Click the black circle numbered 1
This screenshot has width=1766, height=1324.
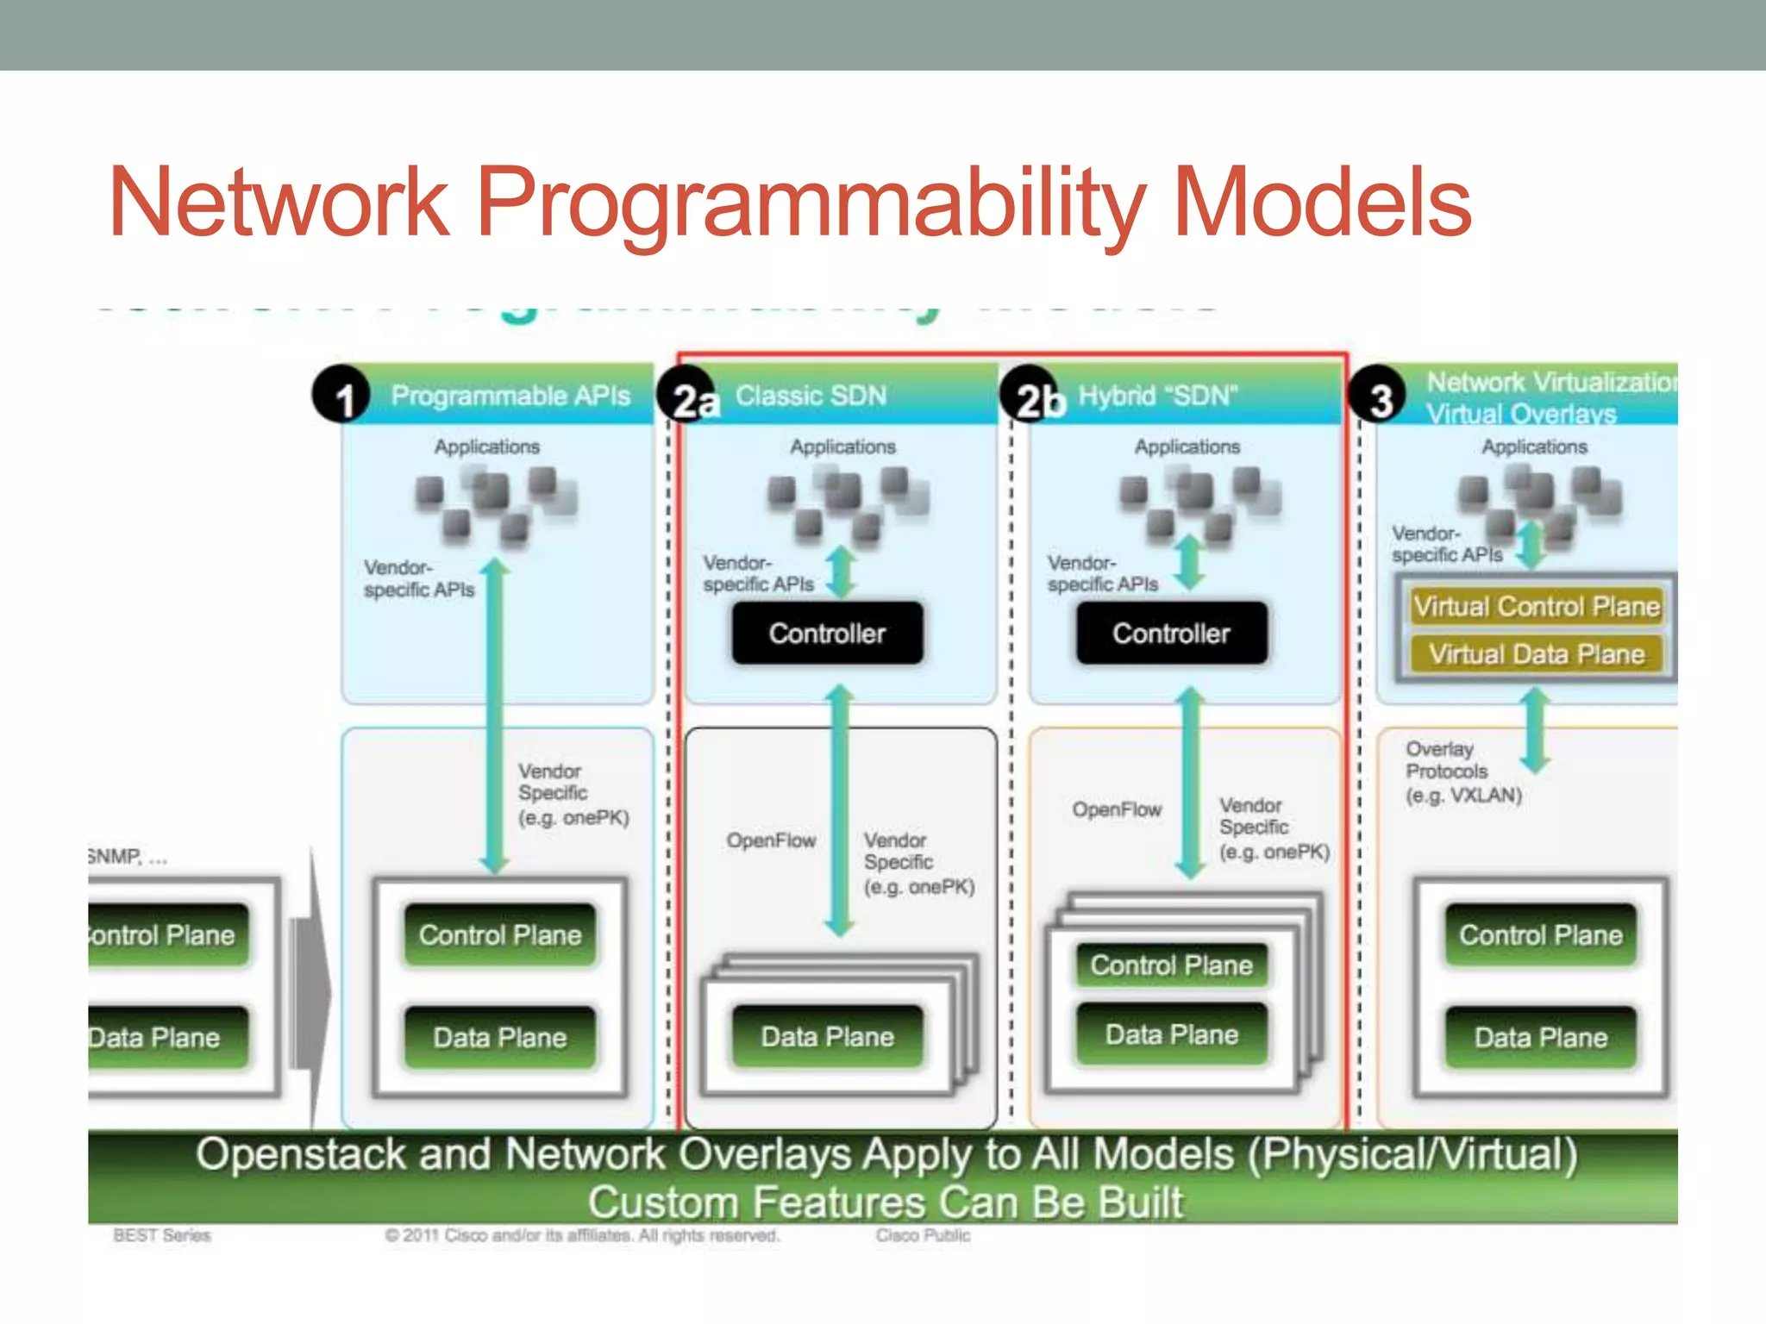[341, 395]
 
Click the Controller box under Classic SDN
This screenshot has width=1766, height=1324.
[827, 634]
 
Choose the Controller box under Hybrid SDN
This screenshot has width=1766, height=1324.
[1171, 634]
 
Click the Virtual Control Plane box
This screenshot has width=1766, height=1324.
[1536, 607]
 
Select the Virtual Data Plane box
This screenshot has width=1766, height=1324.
[1536, 654]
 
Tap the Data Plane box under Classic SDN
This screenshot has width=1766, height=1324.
[827, 1036]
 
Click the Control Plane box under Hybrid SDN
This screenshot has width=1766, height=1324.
[1171, 965]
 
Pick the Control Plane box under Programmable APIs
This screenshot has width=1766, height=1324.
[500, 935]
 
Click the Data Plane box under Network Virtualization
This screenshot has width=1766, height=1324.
[1540, 1037]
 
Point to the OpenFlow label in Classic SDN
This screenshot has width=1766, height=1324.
[771, 840]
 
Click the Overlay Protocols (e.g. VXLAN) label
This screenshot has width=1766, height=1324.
[1462, 772]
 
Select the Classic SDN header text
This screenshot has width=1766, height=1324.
[811, 396]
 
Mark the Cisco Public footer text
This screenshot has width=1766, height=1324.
[923, 1235]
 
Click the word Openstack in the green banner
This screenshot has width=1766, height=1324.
[300, 1155]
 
